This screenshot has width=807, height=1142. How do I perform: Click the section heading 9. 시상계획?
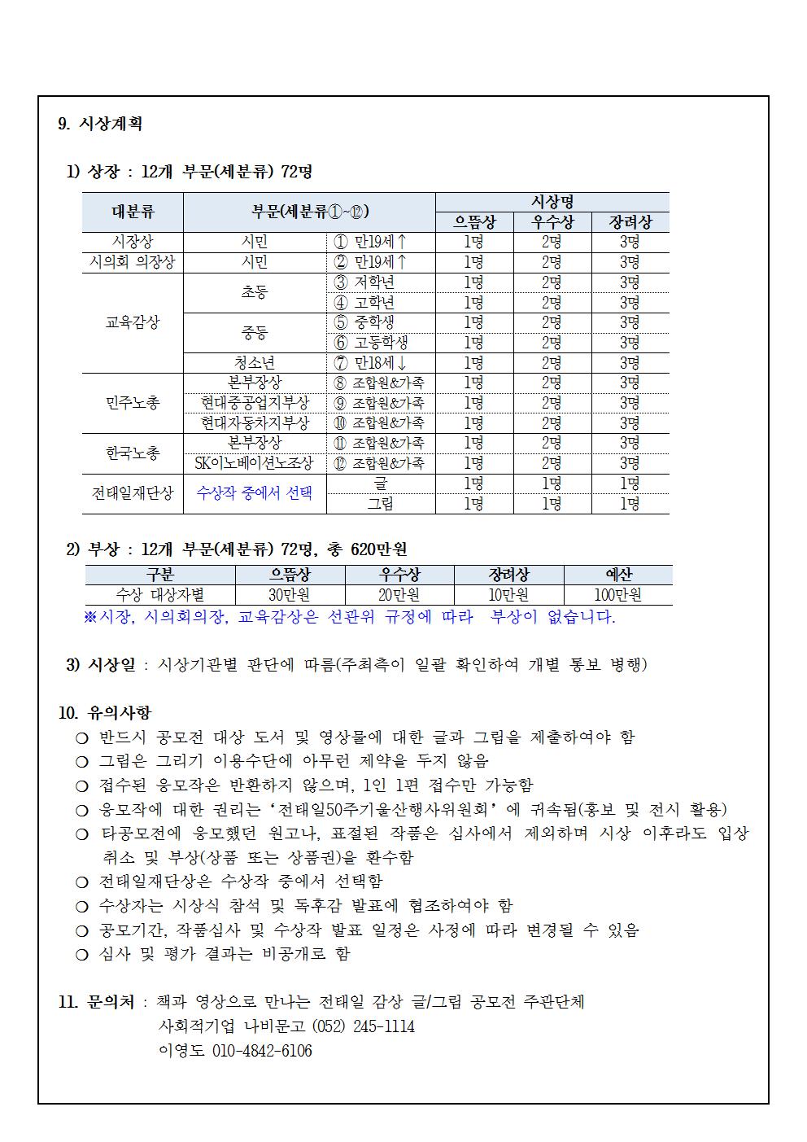[100, 124]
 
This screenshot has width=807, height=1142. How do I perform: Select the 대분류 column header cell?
[133, 212]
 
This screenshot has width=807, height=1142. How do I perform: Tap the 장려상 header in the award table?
[630, 222]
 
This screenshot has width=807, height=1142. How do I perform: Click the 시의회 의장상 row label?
[133, 262]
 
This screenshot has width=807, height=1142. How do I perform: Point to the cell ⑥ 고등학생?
[371, 343]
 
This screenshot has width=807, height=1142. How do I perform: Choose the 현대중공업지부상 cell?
[255, 403]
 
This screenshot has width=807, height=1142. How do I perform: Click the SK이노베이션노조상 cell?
[255, 463]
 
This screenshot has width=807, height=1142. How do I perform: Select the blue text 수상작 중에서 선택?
[255, 493]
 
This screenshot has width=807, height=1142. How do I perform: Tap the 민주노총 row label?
[133, 403]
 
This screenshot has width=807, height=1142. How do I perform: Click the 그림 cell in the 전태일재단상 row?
[380, 504]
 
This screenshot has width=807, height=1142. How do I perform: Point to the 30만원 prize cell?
[290, 595]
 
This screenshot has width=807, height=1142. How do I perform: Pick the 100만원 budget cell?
[617, 595]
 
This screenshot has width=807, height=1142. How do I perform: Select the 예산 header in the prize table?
[617, 575]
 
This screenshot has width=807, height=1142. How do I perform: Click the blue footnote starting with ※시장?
[350, 617]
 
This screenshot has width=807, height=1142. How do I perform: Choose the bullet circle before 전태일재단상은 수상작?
[81, 882]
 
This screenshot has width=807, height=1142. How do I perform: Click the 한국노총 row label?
[133, 453]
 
